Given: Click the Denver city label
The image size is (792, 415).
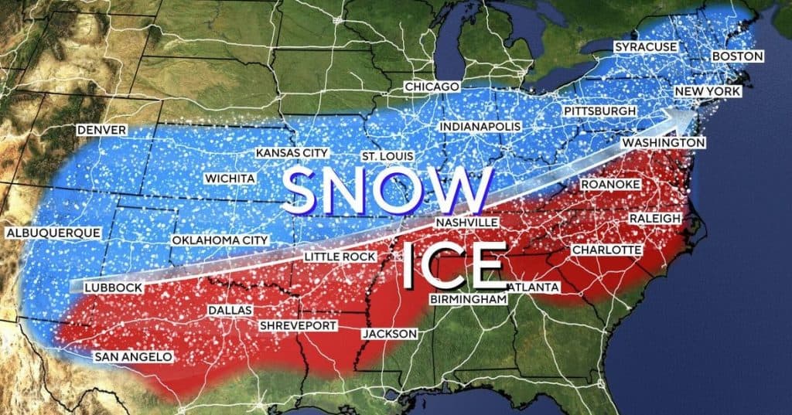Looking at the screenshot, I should pos(101,130).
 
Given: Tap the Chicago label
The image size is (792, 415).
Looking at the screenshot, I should pos(432,87).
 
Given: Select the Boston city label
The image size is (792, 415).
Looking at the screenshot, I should pos(737,56).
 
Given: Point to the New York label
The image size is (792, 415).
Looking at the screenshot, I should pos(708,92).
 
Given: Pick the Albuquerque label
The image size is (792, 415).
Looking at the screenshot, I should pos(53,233).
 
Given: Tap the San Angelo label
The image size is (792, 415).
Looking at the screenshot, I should pos(133,357).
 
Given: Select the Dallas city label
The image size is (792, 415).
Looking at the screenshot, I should pos(230,310).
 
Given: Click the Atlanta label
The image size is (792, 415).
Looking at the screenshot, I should pos(533,287).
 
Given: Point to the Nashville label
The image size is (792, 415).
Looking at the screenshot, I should pos(466,223).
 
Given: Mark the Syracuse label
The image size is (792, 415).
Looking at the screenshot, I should pos(646,47).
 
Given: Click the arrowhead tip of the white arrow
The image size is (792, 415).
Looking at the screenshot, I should pos(691,110).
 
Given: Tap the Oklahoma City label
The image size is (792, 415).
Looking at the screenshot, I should pos(220,240).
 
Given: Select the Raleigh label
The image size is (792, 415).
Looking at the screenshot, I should pos(654,219).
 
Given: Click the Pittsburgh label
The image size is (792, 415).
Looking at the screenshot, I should pos(600,111).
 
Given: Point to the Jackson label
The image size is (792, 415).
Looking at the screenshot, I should pos(390,334).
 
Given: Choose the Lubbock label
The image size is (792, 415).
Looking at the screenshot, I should pos(112,287).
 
